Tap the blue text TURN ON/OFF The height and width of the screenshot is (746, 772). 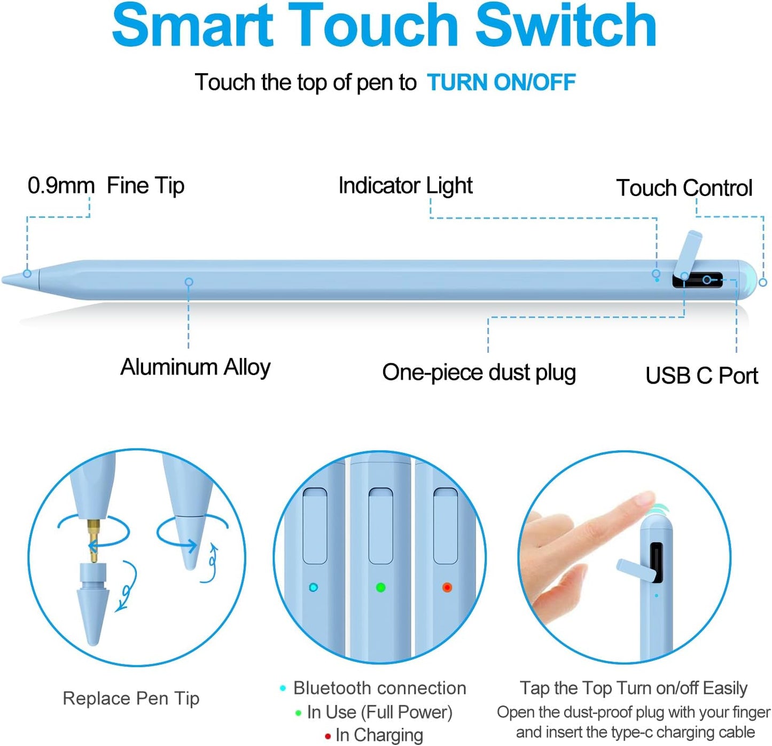click(x=501, y=82)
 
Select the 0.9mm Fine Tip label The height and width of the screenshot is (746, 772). click(x=106, y=185)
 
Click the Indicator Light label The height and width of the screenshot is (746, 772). click(x=406, y=185)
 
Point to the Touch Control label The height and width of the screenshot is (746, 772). click(x=684, y=188)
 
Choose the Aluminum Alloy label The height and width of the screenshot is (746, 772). click(x=195, y=367)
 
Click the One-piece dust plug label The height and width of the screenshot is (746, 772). click(x=479, y=372)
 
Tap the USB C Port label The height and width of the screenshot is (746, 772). click(x=701, y=375)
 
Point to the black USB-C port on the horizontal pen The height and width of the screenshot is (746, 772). click(x=705, y=280)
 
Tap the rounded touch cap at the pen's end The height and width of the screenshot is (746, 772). click(x=748, y=279)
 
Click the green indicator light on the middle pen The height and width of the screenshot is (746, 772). click(x=380, y=587)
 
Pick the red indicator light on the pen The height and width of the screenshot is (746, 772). click(x=447, y=587)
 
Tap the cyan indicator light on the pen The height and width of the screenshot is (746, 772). click(x=314, y=587)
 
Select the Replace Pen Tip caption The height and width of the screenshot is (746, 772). click(x=131, y=698)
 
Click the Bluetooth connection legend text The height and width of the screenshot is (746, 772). click(x=379, y=688)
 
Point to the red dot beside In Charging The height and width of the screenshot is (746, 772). click(x=327, y=736)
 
